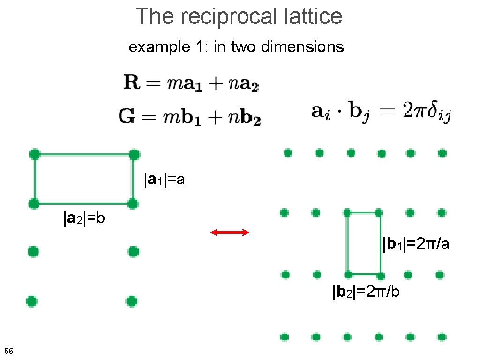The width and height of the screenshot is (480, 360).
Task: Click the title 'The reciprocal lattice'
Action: (x=239, y=16)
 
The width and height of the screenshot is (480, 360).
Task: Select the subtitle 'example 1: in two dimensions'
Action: (x=236, y=47)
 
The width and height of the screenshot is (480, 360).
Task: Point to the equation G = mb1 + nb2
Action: (x=189, y=116)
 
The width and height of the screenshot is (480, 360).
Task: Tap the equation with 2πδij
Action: (x=381, y=112)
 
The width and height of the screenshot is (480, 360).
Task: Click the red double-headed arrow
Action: (x=230, y=232)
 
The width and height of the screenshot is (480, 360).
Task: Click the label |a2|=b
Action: (x=84, y=218)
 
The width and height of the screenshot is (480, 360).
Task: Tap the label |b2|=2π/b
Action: (x=366, y=292)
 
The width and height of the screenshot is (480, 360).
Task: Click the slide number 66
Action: (x=8, y=351)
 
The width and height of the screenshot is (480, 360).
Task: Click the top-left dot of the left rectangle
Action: (x=34, y=154)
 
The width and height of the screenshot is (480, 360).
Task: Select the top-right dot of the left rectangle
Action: (x=134, y=154)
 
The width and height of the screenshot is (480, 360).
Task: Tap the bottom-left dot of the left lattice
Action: (x=31, y=300)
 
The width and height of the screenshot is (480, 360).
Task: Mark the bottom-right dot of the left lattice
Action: (x=132, y=300)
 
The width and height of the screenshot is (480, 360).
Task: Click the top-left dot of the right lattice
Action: (x=288, y=153)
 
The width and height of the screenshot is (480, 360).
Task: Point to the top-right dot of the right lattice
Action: (x=442, y=153)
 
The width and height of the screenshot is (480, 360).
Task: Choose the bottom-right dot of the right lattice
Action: (x=442, y=337)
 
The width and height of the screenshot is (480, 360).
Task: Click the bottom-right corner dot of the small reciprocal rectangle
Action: (x=380, y=275)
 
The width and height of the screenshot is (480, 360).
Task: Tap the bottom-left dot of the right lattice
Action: (x=284, y=337)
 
